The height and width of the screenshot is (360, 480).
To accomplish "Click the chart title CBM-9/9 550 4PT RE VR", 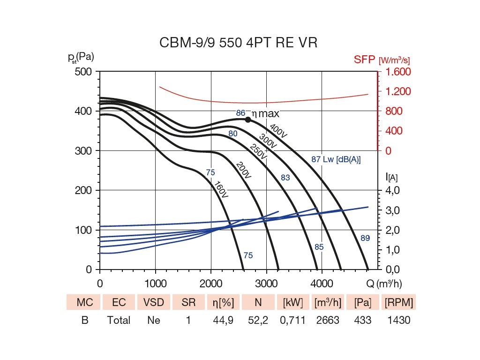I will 239,43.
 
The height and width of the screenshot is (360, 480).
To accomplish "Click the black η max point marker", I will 248,120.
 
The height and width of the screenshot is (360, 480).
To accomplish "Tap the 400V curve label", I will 278,131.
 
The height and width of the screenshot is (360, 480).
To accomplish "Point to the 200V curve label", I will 244,170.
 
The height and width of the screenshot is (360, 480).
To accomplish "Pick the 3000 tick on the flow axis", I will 266,283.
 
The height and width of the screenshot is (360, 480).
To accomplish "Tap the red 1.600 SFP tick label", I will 398,72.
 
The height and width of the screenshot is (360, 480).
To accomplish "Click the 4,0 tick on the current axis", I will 392,190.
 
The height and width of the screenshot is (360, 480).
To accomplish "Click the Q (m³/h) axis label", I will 384,283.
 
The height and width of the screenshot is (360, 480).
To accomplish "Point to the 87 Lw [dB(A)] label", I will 336,160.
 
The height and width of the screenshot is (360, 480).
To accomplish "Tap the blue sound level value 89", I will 365,238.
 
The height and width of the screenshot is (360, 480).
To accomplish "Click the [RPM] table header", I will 399,303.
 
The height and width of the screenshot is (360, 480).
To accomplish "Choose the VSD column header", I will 153,303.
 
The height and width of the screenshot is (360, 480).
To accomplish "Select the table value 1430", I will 399,321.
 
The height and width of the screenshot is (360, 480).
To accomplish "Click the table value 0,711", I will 294,321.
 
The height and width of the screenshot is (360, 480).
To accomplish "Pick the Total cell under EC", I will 119,321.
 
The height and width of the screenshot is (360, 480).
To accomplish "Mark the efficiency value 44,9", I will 224,321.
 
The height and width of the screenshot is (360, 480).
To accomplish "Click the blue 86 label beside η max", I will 240,113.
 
